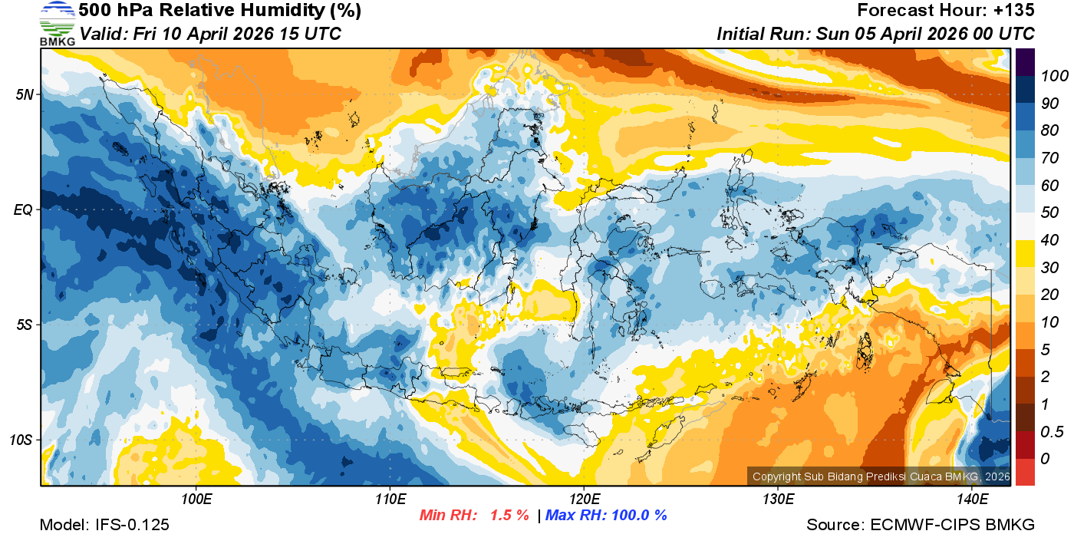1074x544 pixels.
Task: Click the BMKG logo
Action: click(x=57, y=23)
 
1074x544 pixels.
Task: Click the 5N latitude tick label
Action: click(x=24, y=95)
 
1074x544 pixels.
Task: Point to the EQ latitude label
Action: click(x=23, y=209)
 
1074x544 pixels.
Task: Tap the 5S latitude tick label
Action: click(x=24, y=325)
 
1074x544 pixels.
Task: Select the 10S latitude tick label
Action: click(x=21, y=440)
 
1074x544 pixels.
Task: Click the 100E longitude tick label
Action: click(x=196, y=499)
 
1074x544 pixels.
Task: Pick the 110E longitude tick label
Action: click(x=390, y=499)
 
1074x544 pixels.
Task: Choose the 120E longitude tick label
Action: click(x=584, y=499)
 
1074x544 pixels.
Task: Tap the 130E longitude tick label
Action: click(x=778, y=499)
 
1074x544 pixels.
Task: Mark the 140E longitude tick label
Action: click(x=972, y=499)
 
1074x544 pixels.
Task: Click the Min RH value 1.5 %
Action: click(x=509, y=515)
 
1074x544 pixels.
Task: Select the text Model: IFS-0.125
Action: click(x=104, y=525)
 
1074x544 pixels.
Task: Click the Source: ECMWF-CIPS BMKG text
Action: click(x=921, y=525)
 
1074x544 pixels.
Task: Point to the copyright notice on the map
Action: click(x=881, y=476)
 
